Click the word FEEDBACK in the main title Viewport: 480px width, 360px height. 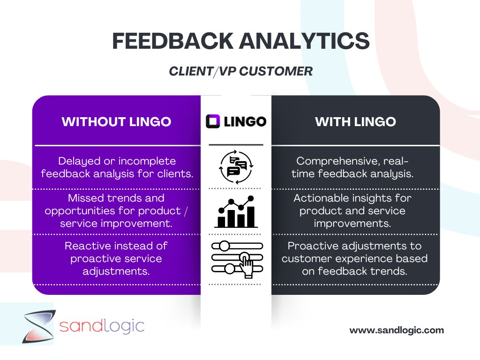pos(172,41)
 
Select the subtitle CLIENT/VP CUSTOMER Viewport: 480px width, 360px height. pos(240,71)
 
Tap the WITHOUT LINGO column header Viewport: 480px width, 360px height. pos(116,122)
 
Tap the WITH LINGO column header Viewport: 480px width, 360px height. pos(355,122)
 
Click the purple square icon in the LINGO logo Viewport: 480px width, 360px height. pos(213,122)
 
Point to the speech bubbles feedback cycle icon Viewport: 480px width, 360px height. pos(236,166)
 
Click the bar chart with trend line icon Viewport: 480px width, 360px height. pos(236,212)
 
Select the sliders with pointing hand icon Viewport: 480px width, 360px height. pos(236,257)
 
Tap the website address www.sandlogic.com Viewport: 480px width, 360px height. pos(397,330)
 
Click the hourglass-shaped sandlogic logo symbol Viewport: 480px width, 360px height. pos(39,326)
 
